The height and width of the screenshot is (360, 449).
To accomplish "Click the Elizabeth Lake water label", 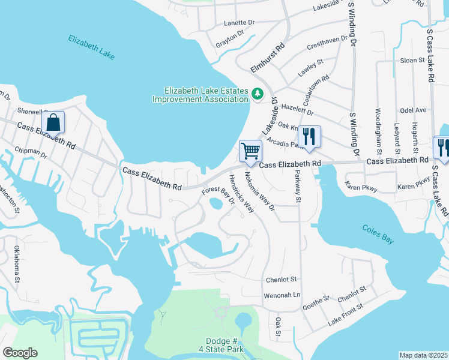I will coord(91,47).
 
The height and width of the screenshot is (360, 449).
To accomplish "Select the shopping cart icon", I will coord(250,150).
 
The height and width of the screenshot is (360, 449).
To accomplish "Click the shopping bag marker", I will coord(53,122).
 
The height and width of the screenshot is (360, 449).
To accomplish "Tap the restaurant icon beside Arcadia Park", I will coord(310,136).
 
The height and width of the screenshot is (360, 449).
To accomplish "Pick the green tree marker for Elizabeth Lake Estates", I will coord(258,94).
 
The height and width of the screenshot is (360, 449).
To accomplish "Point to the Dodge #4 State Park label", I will coord(207,345).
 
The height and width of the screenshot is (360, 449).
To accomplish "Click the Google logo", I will coord(20,353).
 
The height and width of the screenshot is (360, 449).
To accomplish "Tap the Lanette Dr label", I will coord(239,22).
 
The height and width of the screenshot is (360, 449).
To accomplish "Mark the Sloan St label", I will coord(412,61).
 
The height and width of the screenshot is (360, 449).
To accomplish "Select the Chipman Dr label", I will coord(31,154).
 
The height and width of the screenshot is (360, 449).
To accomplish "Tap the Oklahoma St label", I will coord(17,265).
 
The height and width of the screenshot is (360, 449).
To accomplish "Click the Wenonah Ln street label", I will coord(282,295).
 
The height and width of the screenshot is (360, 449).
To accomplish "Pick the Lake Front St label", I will coord(346,314).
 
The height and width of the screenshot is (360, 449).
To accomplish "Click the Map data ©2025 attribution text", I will coord(423,355).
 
